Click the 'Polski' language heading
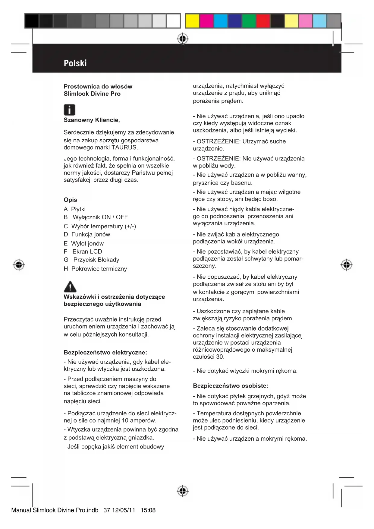(x=75, y=63)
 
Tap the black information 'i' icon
(x=69, y=110)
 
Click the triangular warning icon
(x=70, y=287)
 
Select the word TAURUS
(x=124, y=147)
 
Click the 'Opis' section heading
(x=70, y=200)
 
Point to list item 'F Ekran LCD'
(x=83, y=252)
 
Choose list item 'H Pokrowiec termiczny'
(x=95, y=269)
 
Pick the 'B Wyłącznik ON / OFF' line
(x=96, y=217)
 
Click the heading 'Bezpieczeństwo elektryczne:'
(x=105, y=352)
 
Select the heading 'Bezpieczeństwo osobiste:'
(x=230, y=386)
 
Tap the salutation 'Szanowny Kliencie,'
(x=92, y=120)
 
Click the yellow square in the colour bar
(x=192, y=21)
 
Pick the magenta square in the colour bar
(x=206, y=21)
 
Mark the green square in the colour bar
(x=249, y=21)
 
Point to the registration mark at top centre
(x=183, y=39)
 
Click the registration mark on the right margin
(x=347, y=265)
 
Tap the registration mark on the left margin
(x=19, y=265)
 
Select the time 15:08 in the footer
(x=148, y=510)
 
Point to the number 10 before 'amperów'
(x=125, y=421)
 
